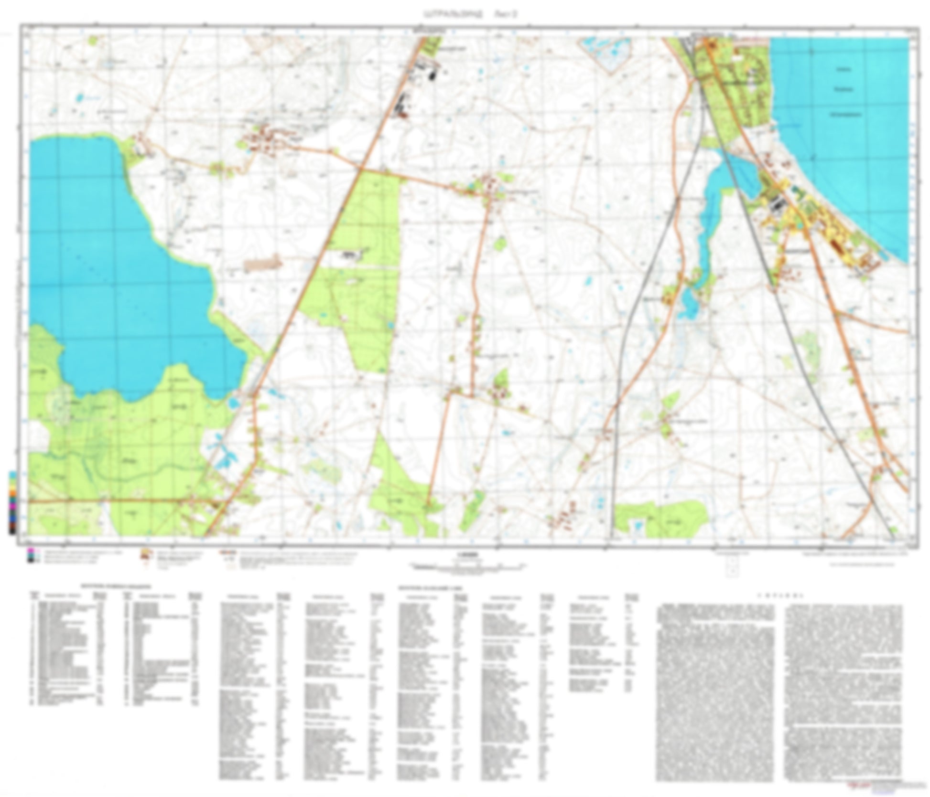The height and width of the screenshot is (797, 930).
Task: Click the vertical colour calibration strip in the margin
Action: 13,501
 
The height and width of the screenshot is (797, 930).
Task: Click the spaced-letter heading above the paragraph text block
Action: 780,596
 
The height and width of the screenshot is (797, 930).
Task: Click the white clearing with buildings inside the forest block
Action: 351,255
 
